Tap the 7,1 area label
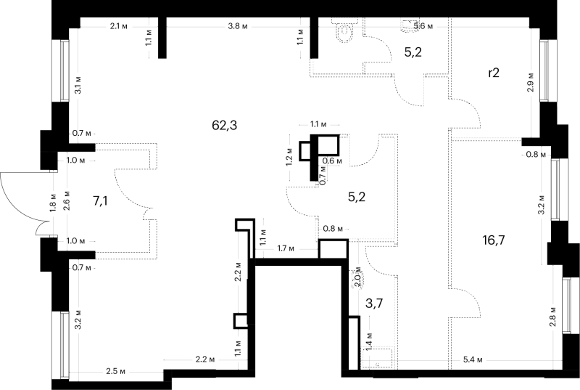click(x=101, y=201)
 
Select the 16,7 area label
click(x=494, y=240)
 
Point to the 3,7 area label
click(x=374, y=304)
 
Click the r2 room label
click(x=494, y=73)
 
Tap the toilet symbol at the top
click(x=345, y=29)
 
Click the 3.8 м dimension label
click(x=238, y=26)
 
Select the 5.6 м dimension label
click(x=423, y=26)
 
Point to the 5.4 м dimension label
click(x=473, y=360)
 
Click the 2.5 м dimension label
click(x=115, y=371)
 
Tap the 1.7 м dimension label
click(x=286, y=248)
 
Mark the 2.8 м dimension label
click(x=553, y=317)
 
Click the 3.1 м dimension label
click(x=78, y=85)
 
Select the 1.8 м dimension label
click(x=53, y=203)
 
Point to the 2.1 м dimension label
click(x=119, y=26)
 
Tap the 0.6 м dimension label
click(x=332, y=161)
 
